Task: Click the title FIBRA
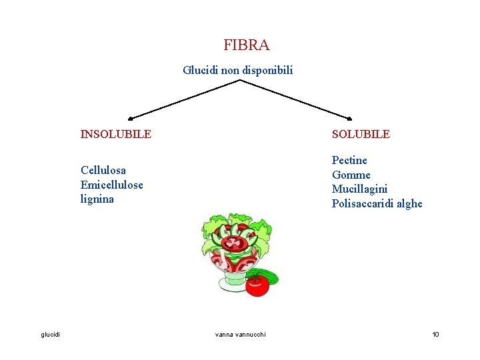(x=247, y=45)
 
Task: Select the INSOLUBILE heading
(x=116, y=134)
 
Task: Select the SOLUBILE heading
(x=361, y=134)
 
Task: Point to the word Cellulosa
(x=103, y=170)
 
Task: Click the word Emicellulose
(x=111, y=185)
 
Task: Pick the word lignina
(x=97, y=199)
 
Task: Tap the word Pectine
(x=349, y=160)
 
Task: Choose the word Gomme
(x=351, y=175)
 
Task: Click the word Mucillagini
(x=359, y=189)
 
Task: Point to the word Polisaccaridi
(x=363, y=204)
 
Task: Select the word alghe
(x=409, y=204)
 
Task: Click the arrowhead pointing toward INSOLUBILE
(x=131, y=118)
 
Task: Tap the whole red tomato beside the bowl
(x=257, y=285)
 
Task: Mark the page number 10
(x=435, y=334)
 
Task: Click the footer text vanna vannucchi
(x=240, y=334)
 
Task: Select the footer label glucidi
(x=50, y=334)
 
